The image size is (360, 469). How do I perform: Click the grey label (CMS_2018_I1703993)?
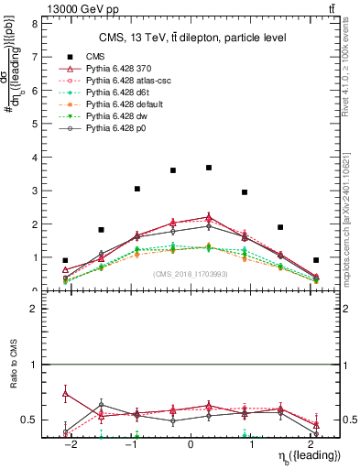click(x=191, y=274)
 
